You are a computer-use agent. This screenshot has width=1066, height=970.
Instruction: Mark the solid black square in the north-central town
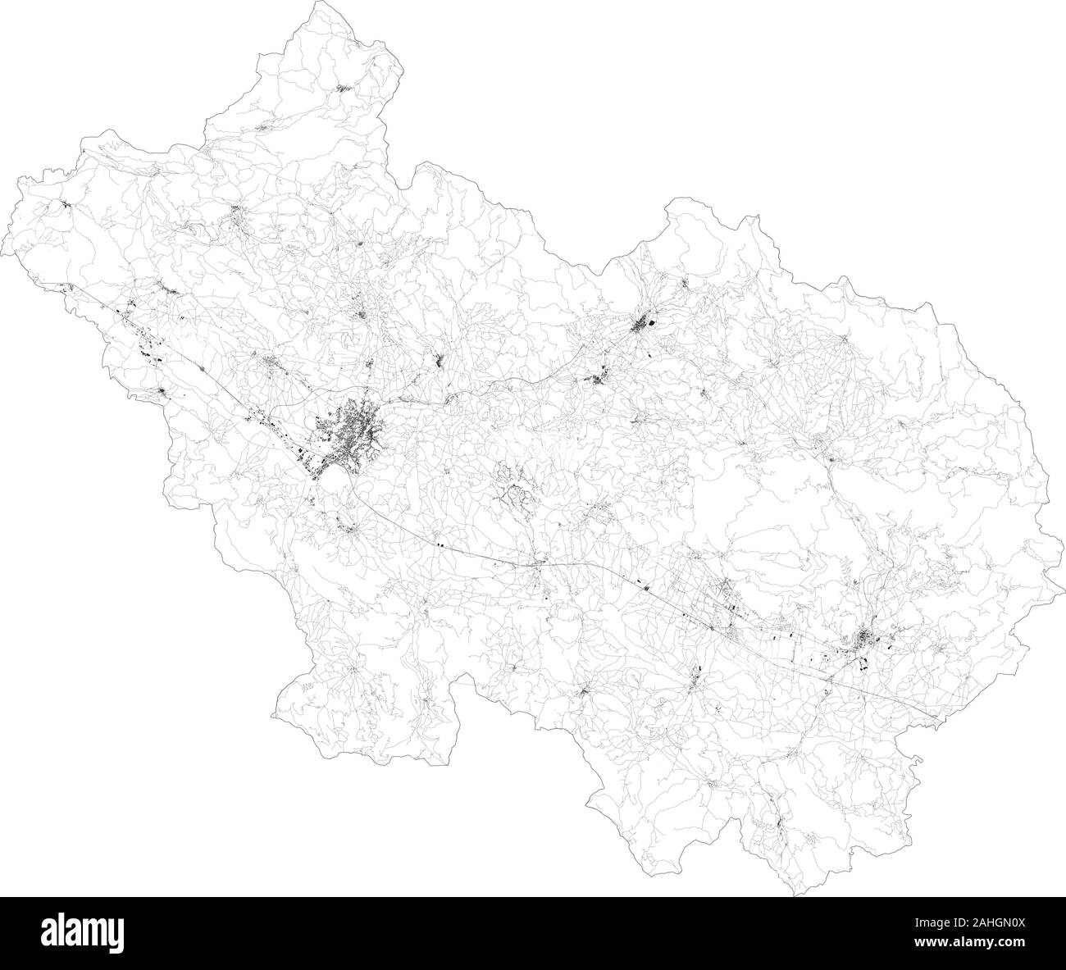coord(654,326)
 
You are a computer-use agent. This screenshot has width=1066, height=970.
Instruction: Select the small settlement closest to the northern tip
coord(343,87)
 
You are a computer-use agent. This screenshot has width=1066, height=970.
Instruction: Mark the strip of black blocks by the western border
coord(139,336)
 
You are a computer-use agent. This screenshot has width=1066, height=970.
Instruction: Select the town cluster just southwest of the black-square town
coord(601,379)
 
